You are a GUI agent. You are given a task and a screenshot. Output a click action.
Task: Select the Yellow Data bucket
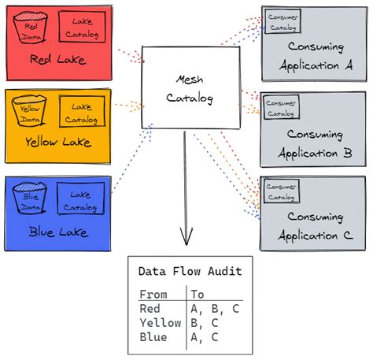pos(31,113)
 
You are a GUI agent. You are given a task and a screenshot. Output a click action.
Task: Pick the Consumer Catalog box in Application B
pos(281,107)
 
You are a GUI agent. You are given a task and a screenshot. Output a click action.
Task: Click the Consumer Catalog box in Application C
pos(281,191)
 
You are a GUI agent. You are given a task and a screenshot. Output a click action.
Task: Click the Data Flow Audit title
pos(190,271)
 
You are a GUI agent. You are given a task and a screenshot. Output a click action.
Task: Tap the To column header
pos(198,295)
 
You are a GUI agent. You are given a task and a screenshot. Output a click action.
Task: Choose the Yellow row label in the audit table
pos(160,322)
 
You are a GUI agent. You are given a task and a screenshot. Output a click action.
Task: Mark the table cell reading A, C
pos(205,336)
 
